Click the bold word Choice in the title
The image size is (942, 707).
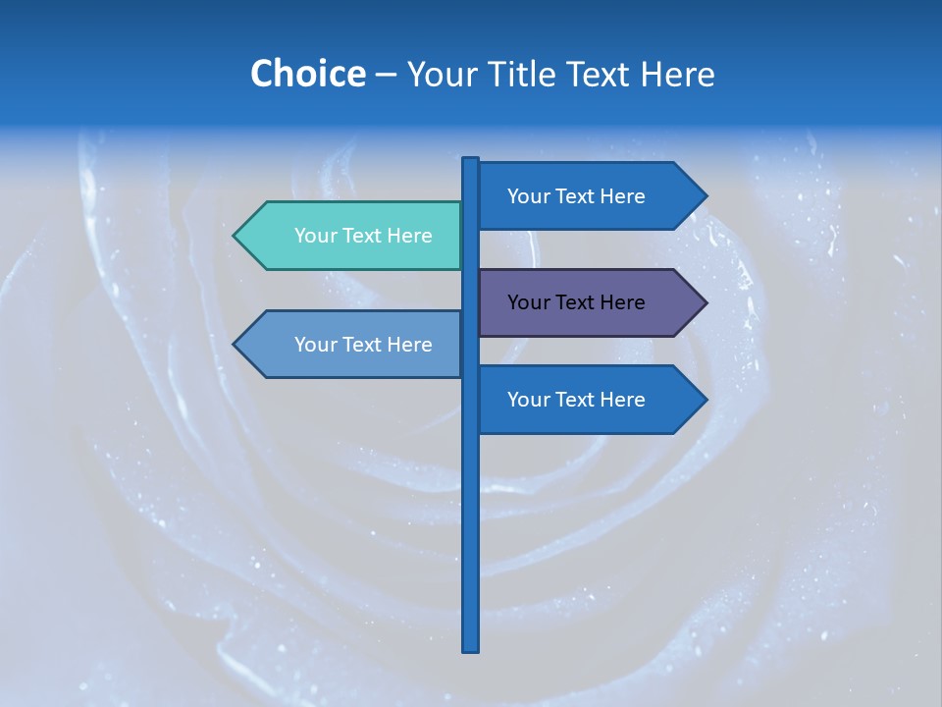click(x=307, y=74)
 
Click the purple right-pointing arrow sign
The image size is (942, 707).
click(x=589, y=302)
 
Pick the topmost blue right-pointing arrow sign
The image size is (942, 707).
click(x=589, y=196)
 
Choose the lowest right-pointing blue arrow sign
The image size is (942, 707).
click(x=589, y=400)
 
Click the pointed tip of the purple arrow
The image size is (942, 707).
click(x=705, y=302)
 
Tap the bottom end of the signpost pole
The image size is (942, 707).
click(x=471, y=648)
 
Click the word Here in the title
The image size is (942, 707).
click(x=677, y=74)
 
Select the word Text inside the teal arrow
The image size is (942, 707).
click(x=363, y=236)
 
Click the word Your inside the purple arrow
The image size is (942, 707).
click(x=527, y=302)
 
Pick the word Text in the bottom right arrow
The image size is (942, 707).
click(x=576, y=400)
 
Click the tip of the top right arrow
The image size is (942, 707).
click(x=705, y=196)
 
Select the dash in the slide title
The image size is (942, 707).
click(x=386, y=76)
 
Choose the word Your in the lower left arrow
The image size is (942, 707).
click(x=314, y=345)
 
